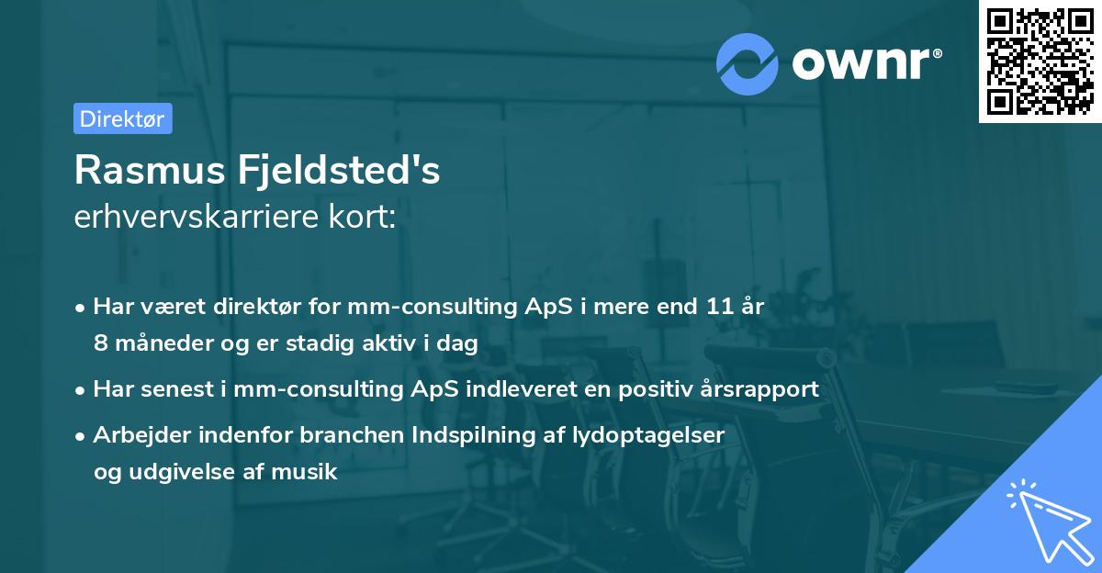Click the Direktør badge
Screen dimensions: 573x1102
tap(122, 119)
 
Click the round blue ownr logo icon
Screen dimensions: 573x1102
tap(748, 64)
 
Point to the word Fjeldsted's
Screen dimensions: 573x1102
tap(340, 171)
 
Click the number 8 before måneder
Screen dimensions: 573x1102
tap(99, 343)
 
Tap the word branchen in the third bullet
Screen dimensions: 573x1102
tap(337, 435)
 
